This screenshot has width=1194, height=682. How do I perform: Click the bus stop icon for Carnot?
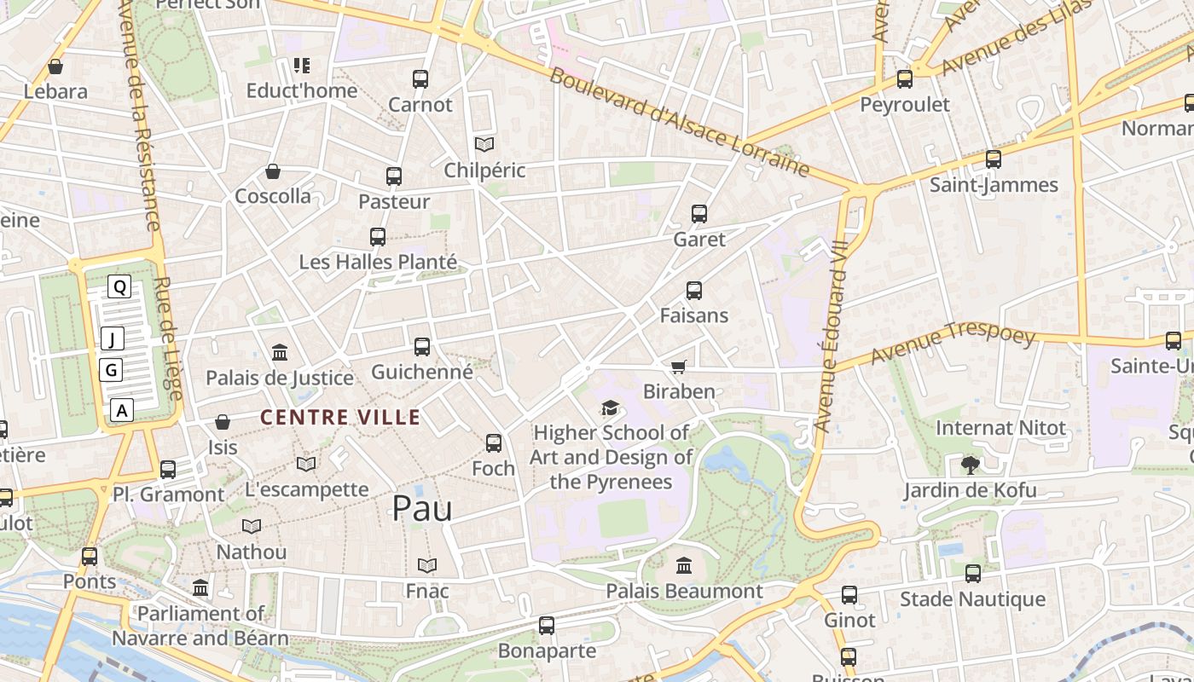pos(420,79)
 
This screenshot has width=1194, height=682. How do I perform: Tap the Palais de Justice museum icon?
pos(279,352)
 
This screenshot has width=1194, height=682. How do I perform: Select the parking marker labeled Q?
pos(119,287)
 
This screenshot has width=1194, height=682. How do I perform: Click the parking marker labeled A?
pos(122,410)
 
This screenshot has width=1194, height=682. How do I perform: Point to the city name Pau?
pos(421,509)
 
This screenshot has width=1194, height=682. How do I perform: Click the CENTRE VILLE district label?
pos(340,417)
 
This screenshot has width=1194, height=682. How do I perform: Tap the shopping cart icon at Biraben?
pos(678,367)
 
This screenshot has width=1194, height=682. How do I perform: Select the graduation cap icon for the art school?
pos(609,408)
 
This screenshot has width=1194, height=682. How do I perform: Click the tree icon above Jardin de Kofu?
pos(970,465)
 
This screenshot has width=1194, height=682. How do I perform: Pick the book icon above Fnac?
pos(427,565)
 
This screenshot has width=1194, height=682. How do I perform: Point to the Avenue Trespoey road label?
pos(953,343)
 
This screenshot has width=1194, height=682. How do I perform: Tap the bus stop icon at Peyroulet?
pos(904,79)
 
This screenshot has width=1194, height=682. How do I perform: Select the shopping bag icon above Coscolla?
pos(273,171)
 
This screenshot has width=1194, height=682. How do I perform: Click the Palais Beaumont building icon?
pos(684,565)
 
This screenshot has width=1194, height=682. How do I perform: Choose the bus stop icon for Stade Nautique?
pos(972,574)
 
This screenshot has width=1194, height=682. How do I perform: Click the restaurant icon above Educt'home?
pos(301,65)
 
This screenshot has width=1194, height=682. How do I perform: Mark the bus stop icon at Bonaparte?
pos(547,626)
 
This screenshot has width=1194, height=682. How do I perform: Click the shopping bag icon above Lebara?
pos(55,66)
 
